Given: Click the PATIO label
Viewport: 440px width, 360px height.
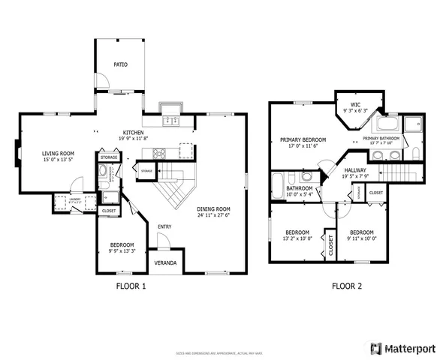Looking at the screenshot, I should (121, 64).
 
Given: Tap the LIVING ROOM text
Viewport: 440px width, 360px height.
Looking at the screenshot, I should (56, 153).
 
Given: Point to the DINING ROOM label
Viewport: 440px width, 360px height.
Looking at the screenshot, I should (213, 209).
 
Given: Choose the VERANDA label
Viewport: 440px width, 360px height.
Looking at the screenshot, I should (165, 263).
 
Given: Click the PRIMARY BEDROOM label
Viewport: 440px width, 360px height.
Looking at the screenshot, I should (303, 139).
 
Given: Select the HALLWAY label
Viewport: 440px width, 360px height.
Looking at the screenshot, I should (355, 170).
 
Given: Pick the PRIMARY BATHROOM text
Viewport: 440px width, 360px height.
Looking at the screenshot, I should (382, 139).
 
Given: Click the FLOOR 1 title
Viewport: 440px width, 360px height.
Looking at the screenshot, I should (131, 286).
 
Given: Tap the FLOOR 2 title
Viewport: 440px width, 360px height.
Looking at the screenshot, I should (347, 286).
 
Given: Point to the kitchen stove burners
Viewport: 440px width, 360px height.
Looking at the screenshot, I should (160, 154).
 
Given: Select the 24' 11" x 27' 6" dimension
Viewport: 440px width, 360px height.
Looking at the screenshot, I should (213, 216).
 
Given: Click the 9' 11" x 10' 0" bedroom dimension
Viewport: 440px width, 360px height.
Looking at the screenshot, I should (362, 238).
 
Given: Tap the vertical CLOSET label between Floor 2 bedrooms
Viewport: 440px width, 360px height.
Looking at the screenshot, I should (330, 246).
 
